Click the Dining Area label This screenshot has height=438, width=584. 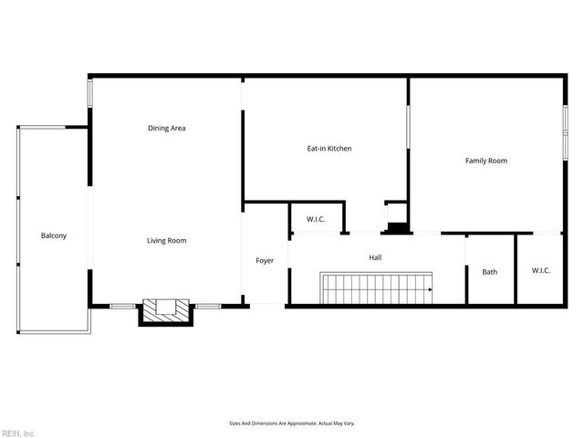(167, 128)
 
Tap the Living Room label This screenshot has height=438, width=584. (167, 241)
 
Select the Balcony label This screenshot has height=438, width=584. (54, 235)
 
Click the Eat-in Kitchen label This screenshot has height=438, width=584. (328, 148)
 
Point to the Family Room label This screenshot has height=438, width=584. (485, 161)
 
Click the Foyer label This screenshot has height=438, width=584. (265, 261)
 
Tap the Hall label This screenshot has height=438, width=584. (375, 257)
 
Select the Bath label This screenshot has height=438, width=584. (490, 271)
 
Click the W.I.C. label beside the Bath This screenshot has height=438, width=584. (540, 270)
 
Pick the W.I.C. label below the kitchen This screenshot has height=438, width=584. (316, 219)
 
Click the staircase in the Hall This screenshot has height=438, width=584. (375, 288)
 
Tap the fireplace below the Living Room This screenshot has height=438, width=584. (165, 311)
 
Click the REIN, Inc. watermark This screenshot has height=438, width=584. (18, 433)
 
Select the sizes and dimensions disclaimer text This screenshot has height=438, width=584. (291, 423)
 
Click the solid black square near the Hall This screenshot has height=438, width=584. (397, 228)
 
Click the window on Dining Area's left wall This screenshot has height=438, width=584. (89, 95)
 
